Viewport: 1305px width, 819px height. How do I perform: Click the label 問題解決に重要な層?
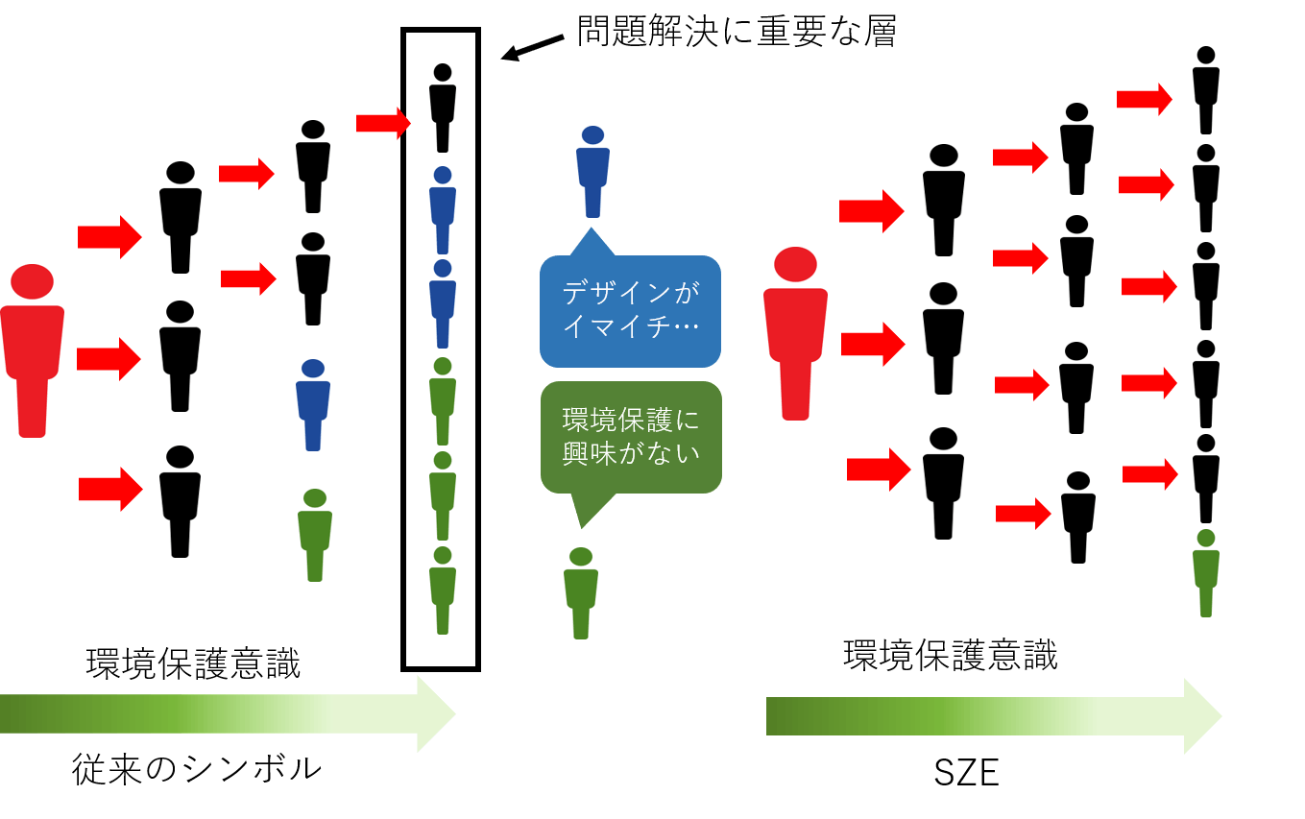[x=736, y=33]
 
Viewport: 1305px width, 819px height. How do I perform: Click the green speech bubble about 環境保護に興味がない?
[x=631, y=437]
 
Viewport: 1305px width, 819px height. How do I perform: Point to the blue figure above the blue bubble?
[x=592, y=172]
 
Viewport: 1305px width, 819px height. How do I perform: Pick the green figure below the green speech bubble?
[x=581, y=592]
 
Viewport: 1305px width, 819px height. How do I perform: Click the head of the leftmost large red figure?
[x=33, y=281]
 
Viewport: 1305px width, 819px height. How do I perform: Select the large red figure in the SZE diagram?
[x=795, y=333]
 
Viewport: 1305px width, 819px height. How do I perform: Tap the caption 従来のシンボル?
[x=197, y=769]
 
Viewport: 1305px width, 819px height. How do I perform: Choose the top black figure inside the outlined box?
[x=442, y=108]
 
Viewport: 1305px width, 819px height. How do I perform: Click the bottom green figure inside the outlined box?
[x=442, y=590]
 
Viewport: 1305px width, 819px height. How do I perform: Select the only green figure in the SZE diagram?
[x=1206, y=572]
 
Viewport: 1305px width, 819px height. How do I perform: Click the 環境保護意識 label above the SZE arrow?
[x=950, y=655]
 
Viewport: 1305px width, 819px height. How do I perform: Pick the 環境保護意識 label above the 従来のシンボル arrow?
[x=193, y=664]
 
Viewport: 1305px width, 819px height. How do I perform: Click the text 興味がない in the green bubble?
[x=631, y=453]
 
